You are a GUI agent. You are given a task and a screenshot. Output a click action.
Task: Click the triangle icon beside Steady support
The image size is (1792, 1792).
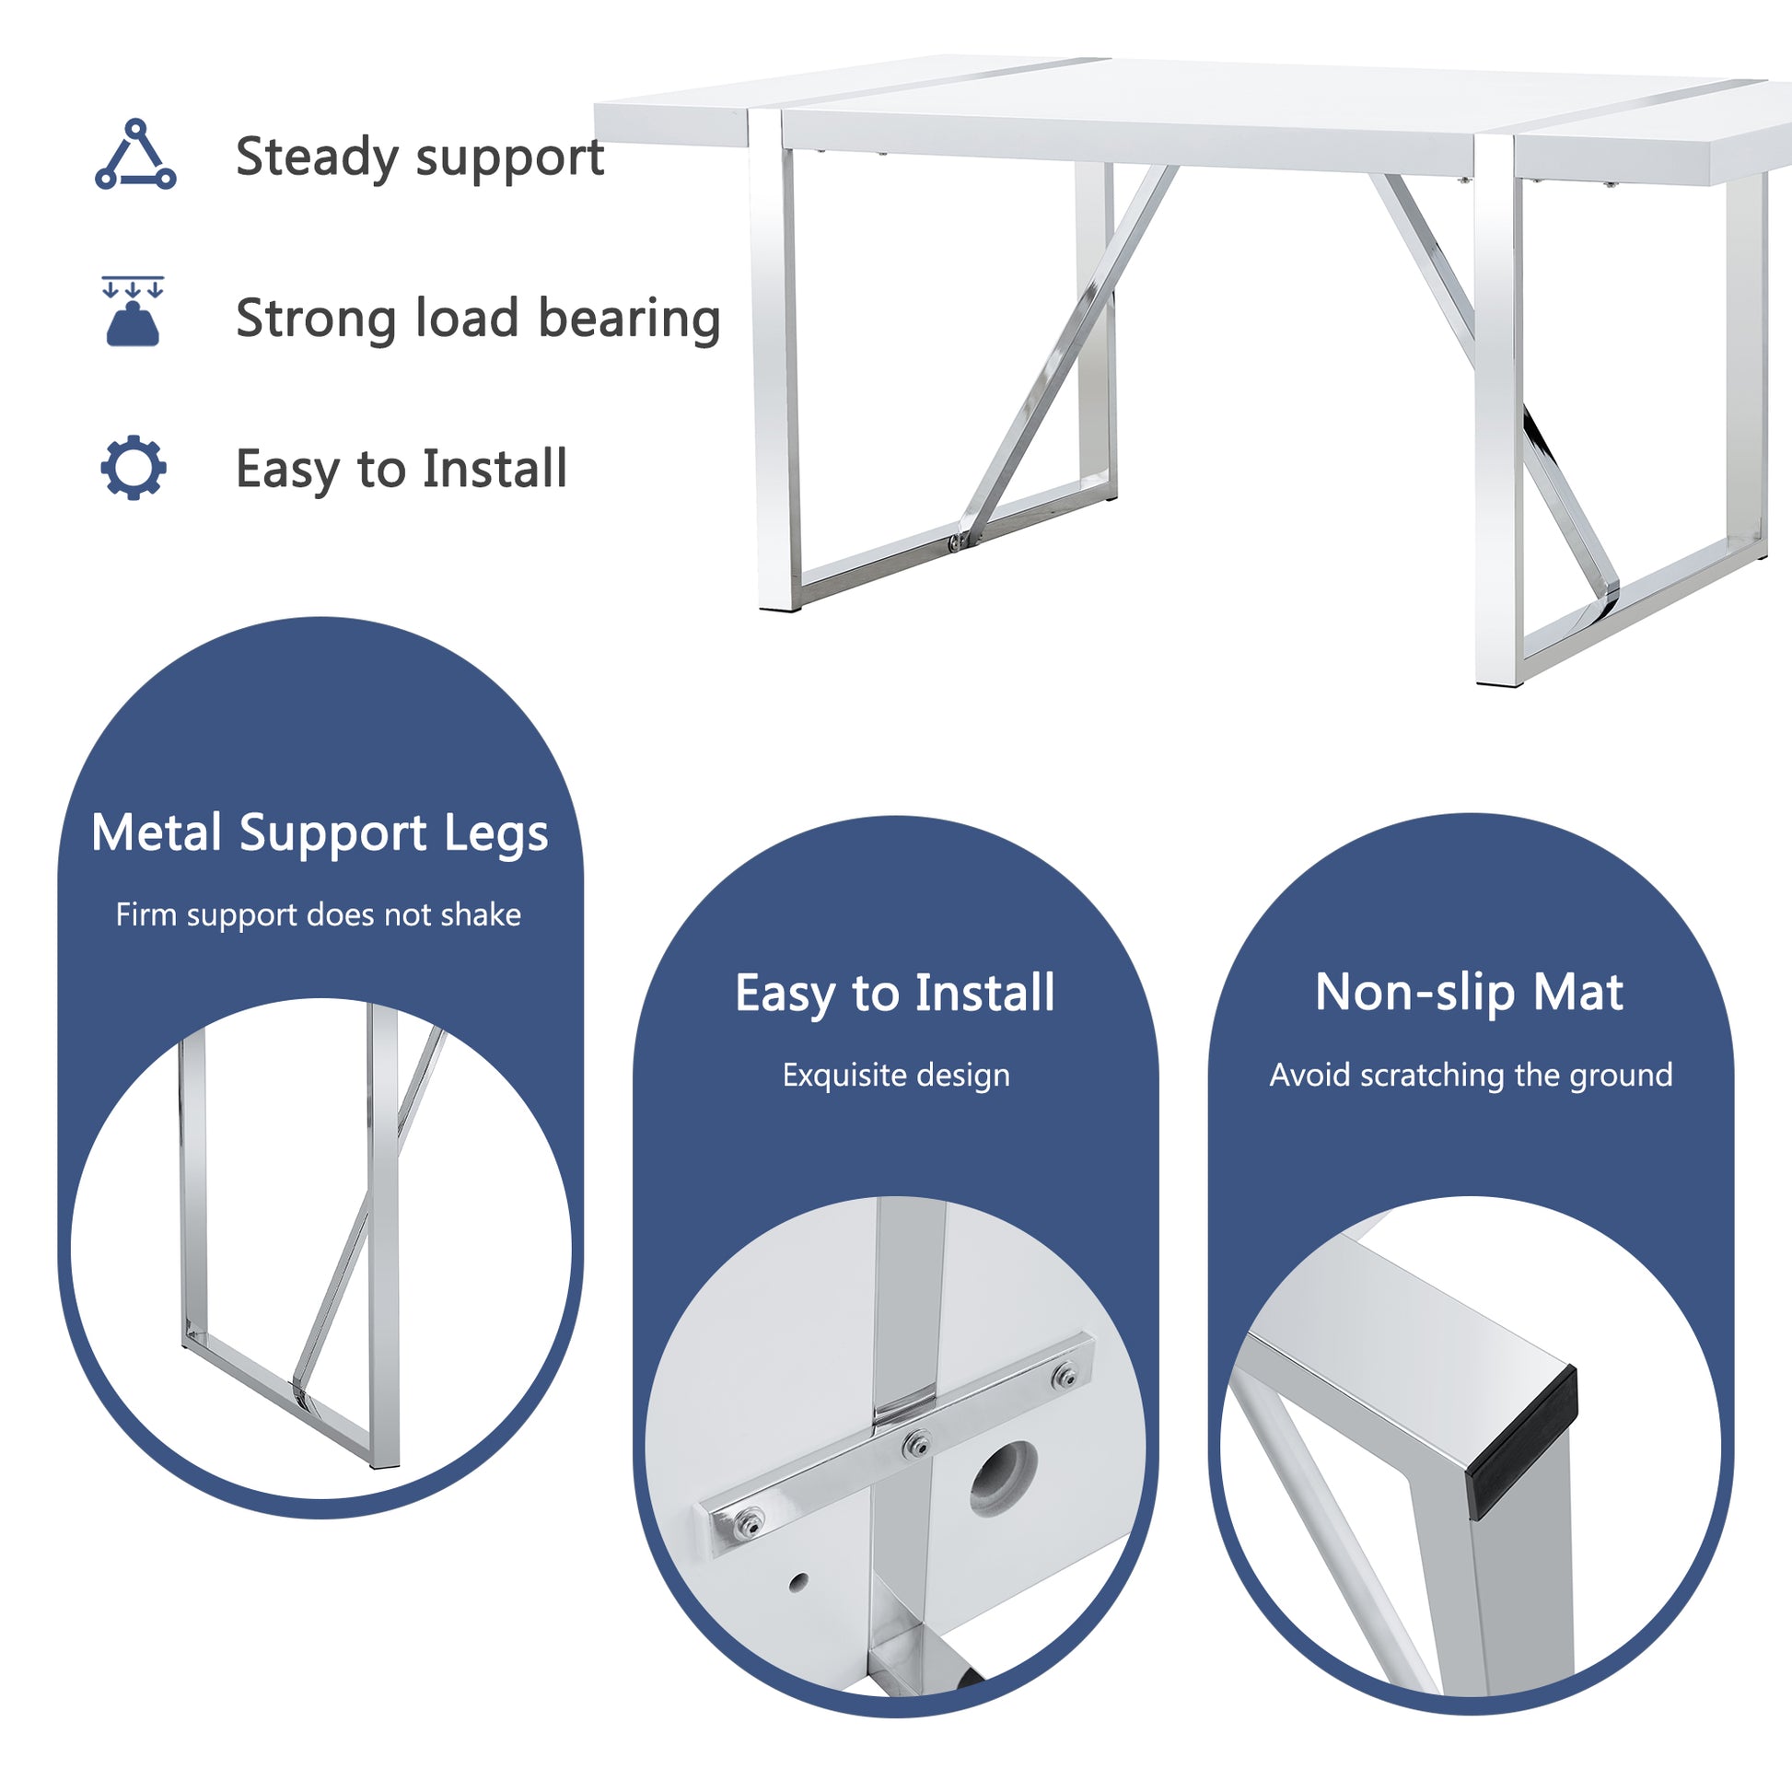[x=135, y=156]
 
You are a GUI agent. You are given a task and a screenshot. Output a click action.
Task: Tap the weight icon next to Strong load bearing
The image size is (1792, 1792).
[x=133, y=312]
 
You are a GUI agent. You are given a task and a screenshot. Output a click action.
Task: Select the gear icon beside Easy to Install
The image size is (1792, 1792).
[x=134, y=468]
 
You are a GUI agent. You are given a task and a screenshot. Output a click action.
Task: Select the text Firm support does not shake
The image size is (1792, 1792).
[x=318, y=914]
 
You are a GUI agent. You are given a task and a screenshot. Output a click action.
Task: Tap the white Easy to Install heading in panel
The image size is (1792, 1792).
[x=895, y=994]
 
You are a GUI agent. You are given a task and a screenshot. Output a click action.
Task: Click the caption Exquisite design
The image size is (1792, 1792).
[x=895, y=1075]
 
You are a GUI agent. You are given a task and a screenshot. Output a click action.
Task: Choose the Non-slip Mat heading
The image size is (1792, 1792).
[x=1469, y=993]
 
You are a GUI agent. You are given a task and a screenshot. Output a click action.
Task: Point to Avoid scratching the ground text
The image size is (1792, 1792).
[x=1470, y=1075]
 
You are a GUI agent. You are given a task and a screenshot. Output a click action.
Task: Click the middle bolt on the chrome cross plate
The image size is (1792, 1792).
[x=918, y=1444]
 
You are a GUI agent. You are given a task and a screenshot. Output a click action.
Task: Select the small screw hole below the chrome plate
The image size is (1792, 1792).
[x=797, y=1581]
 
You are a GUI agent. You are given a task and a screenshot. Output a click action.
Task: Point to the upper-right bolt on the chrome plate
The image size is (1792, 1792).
[x=1066, y=1377]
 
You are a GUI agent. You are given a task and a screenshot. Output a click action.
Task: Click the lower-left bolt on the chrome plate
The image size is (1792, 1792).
[x=751, y=1522]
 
